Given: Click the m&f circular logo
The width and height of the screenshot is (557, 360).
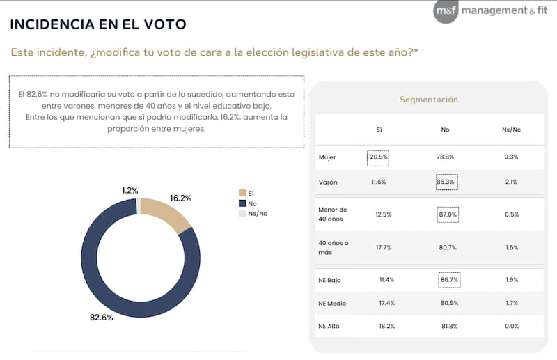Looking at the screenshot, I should (446, 10).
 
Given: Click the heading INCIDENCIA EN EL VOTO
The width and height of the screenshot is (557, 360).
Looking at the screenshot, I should (98, 24).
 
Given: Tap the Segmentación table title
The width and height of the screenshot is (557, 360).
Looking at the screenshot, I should (428, 100).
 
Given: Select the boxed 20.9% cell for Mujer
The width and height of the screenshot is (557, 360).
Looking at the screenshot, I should (379, 157).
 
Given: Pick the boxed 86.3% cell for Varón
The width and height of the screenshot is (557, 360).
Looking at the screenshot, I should (446, 182).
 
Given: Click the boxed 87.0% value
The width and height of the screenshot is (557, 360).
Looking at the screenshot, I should (448, 214).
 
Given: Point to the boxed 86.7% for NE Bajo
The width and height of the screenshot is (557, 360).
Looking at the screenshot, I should (448, 280).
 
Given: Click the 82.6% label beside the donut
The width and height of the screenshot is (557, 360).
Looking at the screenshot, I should (102, 318).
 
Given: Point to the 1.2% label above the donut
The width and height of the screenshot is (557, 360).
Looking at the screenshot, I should (130, 190).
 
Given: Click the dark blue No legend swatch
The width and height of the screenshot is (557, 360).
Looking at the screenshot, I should (242, 203).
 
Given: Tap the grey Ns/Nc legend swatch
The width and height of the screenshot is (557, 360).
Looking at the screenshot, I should (242, 213).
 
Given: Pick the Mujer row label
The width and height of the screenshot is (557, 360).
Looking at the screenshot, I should (327, 157).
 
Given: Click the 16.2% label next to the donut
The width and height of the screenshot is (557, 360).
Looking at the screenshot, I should (180, 198).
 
